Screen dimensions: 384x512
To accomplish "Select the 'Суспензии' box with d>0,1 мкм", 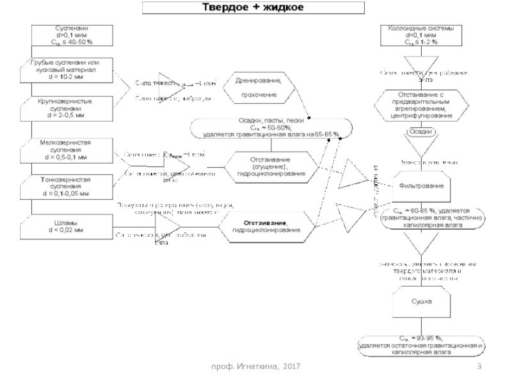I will click(70, 35).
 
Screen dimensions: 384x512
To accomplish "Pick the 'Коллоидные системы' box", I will click(417, 35).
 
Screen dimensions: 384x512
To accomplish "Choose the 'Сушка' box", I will click(420, 301).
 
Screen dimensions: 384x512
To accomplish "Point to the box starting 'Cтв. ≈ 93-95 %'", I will click(420, 344).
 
